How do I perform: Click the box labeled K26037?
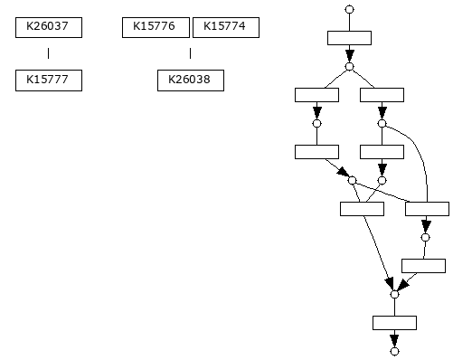(49, 27)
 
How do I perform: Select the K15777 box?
(49, 81)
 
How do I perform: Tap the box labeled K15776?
(156, 27)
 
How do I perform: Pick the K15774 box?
(225, 27)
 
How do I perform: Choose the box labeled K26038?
(190, 81)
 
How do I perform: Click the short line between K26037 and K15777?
(49, 53)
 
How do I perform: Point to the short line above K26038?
(190, 53)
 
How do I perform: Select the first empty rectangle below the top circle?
(349, 37)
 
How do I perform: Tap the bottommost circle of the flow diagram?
(394, 350)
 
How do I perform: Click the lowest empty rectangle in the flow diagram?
(394, 322)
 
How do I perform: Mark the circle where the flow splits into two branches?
(349, 66)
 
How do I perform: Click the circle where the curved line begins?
(382, 123)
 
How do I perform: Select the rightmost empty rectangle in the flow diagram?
(427, 208)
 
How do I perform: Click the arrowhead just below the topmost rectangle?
(349, 55)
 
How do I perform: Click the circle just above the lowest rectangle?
(394, 294)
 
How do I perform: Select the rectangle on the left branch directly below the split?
(316, 94)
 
